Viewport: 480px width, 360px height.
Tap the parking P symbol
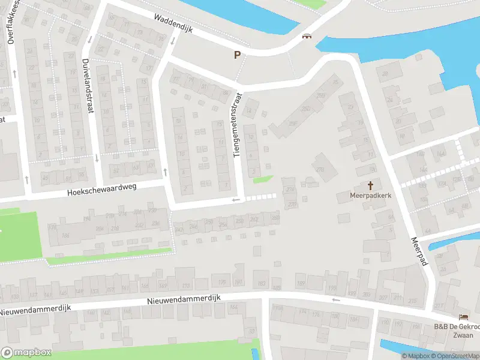coord(238,55)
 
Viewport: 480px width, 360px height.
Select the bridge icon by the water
coord(308,37)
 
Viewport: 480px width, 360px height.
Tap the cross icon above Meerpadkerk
coord(370,185)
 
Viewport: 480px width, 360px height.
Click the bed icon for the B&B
coord(463,317)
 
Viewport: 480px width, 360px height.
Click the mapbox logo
coord(26,352)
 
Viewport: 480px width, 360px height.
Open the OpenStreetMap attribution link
coord(453,356)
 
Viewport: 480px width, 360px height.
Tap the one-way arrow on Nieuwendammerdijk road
coord(335,299)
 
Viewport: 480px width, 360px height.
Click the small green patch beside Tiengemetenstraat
coord(262,179)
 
